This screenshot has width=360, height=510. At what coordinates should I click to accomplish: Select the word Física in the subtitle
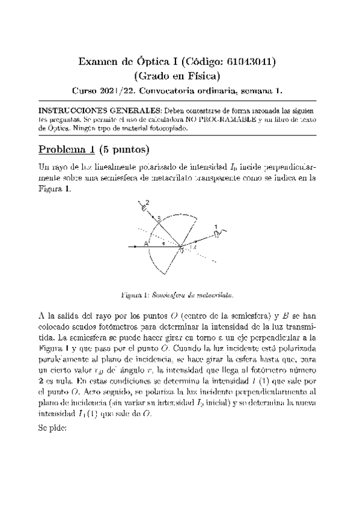(x=203, y=76)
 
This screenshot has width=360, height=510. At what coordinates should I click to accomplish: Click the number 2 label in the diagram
(x=147, y=202)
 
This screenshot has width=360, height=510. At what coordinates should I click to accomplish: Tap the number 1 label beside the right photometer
(x=215, y=227)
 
